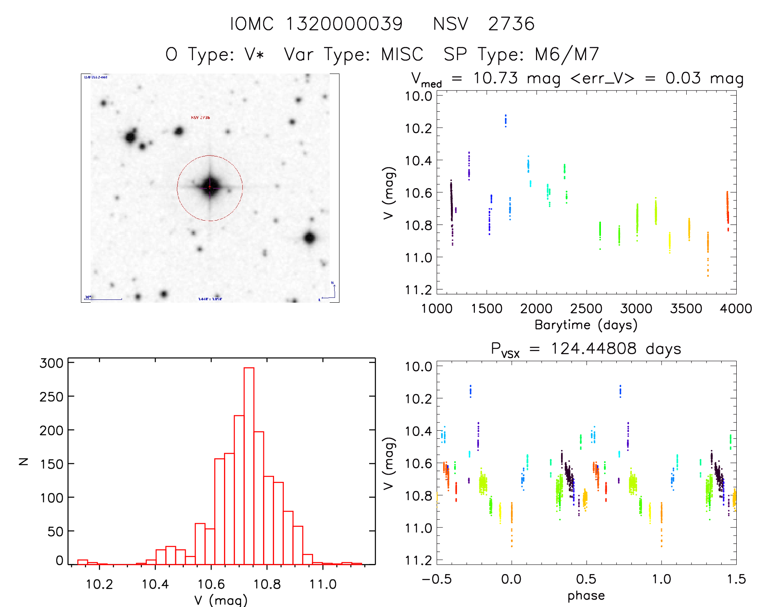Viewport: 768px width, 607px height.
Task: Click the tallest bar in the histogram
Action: [x=249, y=465]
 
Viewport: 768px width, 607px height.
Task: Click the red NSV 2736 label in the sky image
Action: [x=200, y=118]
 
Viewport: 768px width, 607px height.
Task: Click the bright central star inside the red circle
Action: [x=210, y=187]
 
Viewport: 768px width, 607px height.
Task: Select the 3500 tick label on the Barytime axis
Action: [x=686, y=309]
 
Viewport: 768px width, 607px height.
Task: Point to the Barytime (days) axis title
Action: [x=586, y=325]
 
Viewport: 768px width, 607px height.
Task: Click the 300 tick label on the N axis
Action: [x=52, y=363]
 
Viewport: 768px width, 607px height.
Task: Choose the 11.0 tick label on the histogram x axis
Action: [x=323, y=584]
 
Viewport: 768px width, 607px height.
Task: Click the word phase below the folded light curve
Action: [x=586, y=596]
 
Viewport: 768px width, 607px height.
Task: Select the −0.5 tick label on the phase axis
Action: [x=436, y=579]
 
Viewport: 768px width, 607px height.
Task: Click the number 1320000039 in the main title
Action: [x=344, y=24]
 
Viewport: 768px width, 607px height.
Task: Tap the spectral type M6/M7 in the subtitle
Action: [x=567, y=54]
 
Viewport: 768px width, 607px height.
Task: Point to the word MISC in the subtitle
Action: [x=402, y=54]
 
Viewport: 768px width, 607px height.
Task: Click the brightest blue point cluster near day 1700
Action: [x=506, y=120]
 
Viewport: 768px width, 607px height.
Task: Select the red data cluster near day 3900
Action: [x=727, y=209]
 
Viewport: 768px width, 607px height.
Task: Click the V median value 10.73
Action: [x=495, y=78]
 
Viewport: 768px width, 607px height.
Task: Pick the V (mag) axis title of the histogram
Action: [x=221, y=600]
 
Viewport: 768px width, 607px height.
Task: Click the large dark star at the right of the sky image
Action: [x=310, y=238]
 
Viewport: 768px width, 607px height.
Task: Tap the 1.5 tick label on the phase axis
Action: [x=736, y=579]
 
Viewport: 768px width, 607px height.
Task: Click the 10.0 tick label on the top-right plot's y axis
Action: [x=418, y=96]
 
